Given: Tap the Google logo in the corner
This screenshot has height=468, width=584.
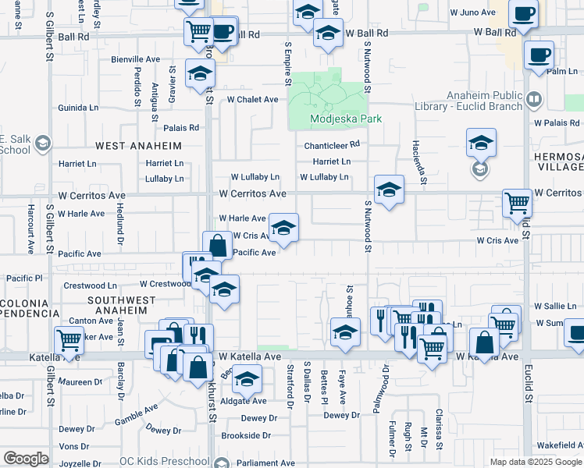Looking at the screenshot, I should [27, 459].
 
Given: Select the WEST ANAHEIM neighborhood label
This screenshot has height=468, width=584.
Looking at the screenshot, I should [139, 146].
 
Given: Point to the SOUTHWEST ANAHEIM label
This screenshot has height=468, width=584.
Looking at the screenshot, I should [117, 305].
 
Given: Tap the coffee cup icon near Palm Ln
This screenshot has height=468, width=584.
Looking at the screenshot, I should [539, 55].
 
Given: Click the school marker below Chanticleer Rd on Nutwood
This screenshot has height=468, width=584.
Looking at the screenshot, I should [388, 190].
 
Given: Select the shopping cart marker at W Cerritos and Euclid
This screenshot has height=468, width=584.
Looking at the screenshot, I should [518, 203].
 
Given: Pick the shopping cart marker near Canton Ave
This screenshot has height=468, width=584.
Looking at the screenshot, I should [69, 340].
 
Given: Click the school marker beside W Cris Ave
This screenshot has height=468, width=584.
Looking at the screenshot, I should [283, 228].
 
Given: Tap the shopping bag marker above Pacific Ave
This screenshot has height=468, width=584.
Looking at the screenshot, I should [218, 246].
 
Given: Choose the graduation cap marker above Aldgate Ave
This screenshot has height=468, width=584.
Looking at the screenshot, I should [247, 380].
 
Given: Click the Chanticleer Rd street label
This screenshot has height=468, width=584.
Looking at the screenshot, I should [332, 144].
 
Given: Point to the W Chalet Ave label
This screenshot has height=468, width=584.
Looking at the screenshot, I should [253, 100].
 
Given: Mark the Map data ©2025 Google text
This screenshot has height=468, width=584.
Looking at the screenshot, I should [536, 462].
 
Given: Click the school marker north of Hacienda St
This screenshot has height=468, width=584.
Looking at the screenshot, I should [481, 143].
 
